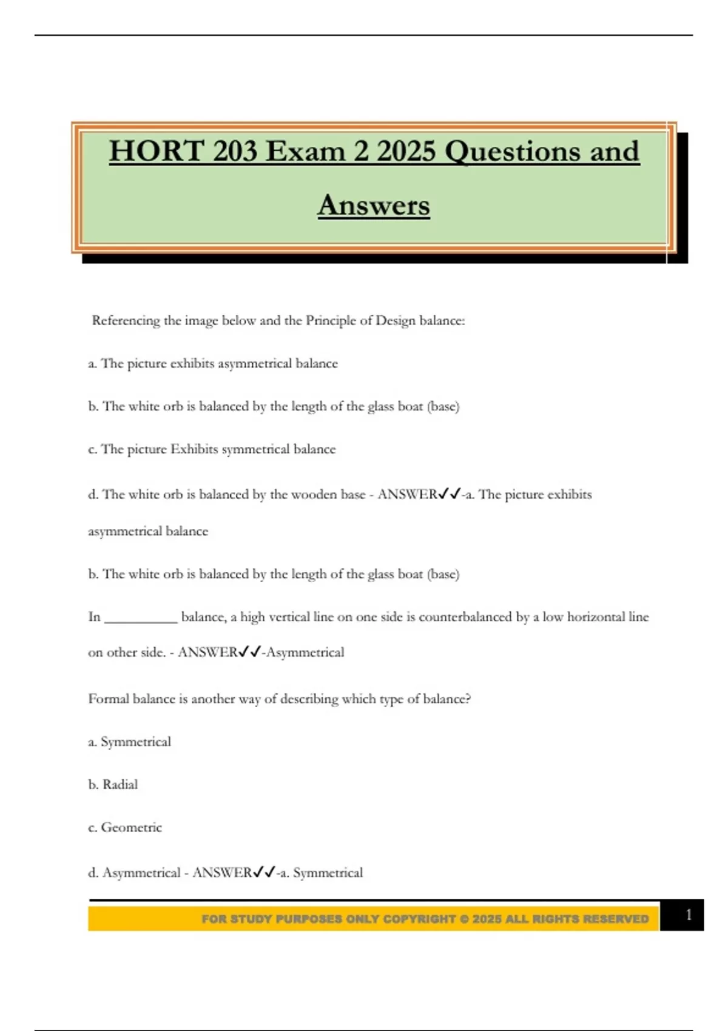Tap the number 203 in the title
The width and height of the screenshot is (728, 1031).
[234, 152]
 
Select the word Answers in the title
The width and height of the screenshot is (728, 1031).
[374, 205]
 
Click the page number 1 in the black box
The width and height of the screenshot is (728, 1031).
[688, 915]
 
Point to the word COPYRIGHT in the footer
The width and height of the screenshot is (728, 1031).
[419, 919]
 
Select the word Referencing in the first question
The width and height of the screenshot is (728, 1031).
[126, 321]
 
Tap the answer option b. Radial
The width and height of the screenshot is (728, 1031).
[113, 785]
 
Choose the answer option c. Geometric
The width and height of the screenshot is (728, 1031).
[126, 828]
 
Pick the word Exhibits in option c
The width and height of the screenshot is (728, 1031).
[194, 449]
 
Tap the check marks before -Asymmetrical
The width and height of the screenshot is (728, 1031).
[249, 653]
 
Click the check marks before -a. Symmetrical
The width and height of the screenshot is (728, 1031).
[264, 873]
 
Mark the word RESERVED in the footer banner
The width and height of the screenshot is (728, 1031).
[616, 919]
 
